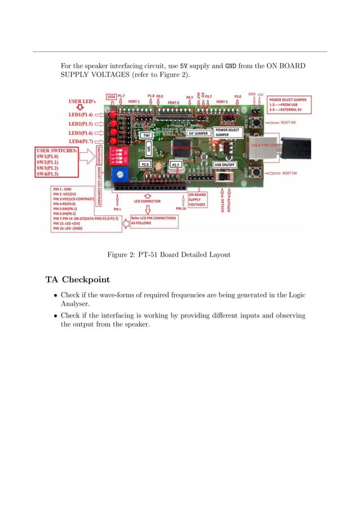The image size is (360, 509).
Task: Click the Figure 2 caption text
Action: pyautogui.click(x=169, y=254)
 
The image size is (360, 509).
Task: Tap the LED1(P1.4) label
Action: pyautogui.click(x=81, y=113)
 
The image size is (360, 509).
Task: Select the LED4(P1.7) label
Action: pyautogui.click(x=81, y=141)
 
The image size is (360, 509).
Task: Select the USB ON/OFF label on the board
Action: pyautogui.click(x=225, y=164)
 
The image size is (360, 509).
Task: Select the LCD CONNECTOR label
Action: pyautogui.click(x=147, y=201)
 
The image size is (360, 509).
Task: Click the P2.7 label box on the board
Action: pyautogui.click(x=175, y=164)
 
